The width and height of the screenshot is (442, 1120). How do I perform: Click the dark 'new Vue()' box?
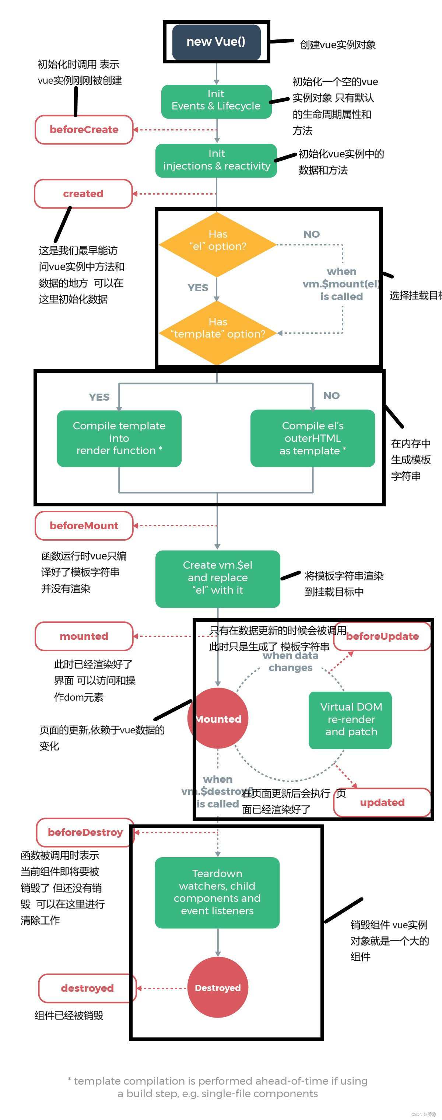[x=216, y=42]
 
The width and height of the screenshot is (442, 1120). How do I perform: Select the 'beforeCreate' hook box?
[x=84, y=130]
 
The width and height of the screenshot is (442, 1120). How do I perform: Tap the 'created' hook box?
[x=83, y=193]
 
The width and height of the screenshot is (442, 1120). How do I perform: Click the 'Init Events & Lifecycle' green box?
[x=216, y=101]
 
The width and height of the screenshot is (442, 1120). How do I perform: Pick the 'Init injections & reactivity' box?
[x=216, y=160]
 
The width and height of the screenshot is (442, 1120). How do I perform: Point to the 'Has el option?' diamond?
[x=217, y=244]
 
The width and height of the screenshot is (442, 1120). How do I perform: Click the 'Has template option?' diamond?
[x=217, y=332]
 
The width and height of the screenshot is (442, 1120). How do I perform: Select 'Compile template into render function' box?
[x=119, y=438]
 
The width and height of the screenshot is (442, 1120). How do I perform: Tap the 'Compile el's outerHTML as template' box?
[x=312, y=438]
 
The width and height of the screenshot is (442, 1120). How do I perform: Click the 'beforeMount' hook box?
[x=84, y=526]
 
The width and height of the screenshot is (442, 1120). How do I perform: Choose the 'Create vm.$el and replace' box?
[x=217, y=578]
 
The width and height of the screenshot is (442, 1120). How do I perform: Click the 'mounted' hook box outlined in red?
[x=84, y=636]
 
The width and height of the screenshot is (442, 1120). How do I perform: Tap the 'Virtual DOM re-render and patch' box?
[x=350, y=719]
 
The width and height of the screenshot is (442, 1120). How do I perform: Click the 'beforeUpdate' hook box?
[x=382, y=636]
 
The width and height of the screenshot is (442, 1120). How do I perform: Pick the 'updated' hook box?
[x=382, y=803]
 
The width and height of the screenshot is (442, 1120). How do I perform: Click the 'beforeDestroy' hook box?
[x=85, y=832]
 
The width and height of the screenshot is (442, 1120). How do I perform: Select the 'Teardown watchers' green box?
[x=217, y=892]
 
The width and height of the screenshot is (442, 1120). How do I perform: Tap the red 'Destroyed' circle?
[x=217, y=988]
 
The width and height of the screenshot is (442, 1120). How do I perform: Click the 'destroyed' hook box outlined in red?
[x=87, y=988]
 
